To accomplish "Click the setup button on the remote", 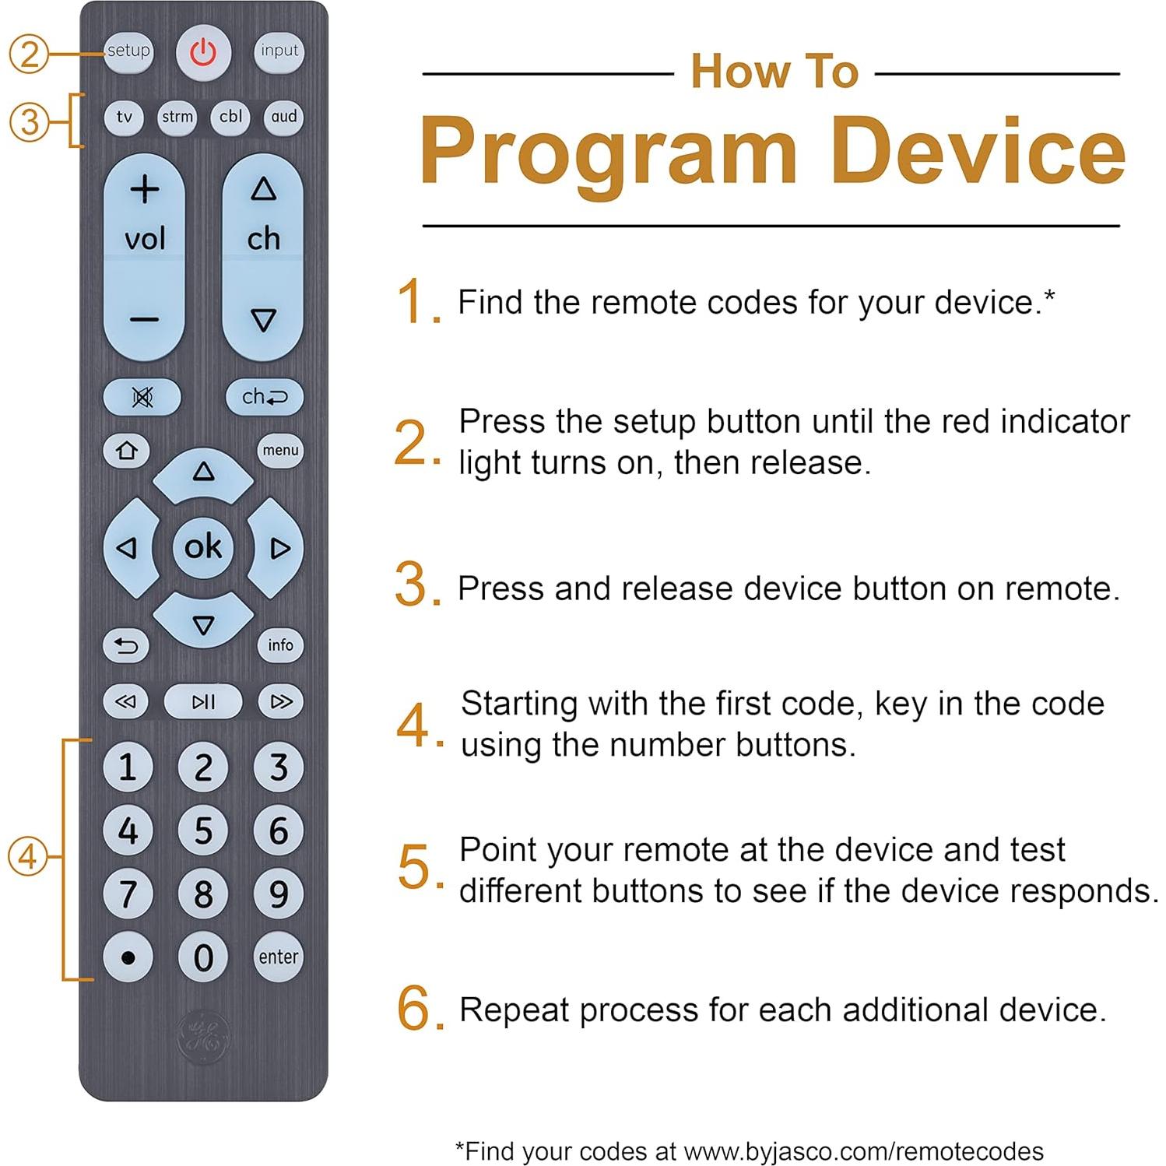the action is click(128, 51).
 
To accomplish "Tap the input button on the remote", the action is click(279, 51).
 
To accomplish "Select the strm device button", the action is click(177, 118).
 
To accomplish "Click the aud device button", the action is click(283, 118).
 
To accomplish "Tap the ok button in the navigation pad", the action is click(203, 547).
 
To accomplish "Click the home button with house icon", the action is click(126, 451).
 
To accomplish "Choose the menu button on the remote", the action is click(280, 451).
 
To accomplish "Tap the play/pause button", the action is click(203, 702).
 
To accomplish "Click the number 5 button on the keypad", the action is click(203, 831).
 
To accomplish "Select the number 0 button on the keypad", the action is click(203, 957).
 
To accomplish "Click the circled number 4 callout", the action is click(28, 857).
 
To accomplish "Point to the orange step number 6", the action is click(414, 1009).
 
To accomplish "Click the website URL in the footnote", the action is click(864, 1151).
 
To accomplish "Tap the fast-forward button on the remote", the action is click(280, 702).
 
